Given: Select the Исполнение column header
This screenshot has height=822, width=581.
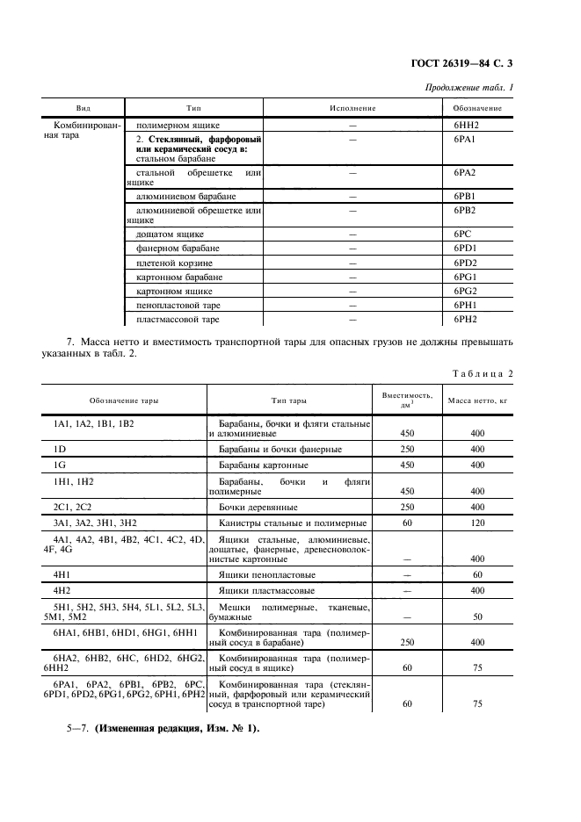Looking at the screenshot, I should point(352,107).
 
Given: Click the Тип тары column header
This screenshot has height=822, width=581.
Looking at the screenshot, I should point(288,400).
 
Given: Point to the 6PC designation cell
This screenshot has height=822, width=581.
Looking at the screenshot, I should point(464,234).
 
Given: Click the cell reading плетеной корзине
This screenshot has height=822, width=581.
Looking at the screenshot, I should point(174,263).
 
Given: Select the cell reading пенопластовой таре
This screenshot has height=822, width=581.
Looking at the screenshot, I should point(178,305).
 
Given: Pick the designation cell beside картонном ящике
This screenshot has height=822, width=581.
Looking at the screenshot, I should point(465,291).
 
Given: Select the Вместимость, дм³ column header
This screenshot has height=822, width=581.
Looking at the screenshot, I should point(407,400).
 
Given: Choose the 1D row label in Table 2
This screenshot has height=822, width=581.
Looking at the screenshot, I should point(61,449).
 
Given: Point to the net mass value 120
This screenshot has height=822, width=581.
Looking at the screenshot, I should point(477,523).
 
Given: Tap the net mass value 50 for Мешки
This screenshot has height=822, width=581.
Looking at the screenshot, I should point(477,617).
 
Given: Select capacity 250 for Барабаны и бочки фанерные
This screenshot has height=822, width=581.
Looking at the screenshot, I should point(407,449).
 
